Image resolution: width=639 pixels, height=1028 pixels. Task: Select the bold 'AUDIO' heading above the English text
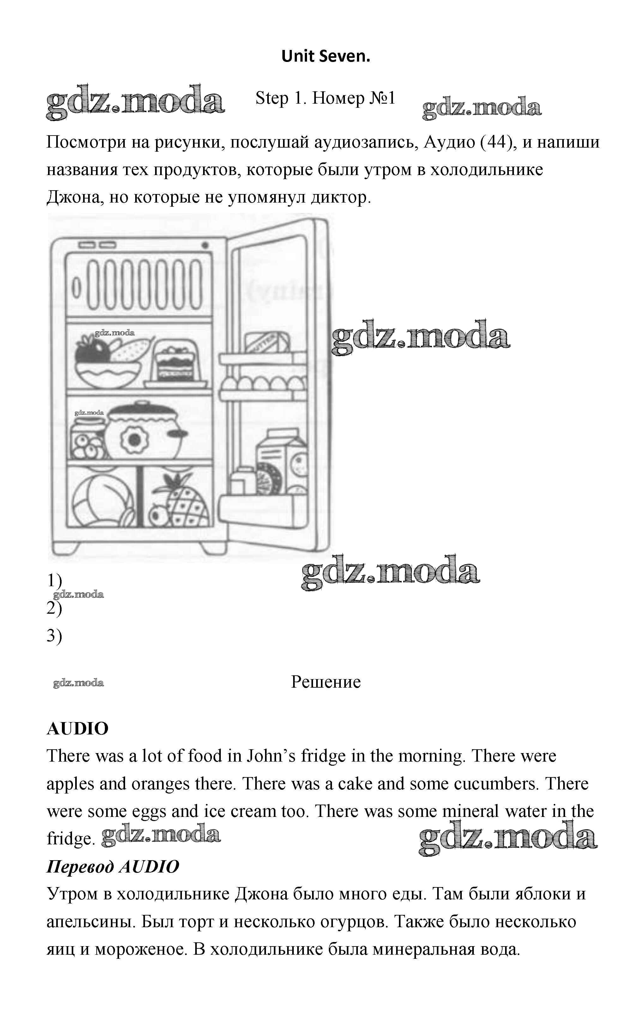pos(78,728)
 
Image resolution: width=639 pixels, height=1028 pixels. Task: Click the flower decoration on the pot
pos(134,440)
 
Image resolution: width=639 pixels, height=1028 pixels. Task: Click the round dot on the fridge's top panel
pos(205,245)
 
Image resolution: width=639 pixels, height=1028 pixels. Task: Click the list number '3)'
pos(54,635)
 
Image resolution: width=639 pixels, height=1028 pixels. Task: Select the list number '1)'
pos(54,581)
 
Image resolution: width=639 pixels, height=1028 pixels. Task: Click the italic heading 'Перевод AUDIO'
pos(113,866)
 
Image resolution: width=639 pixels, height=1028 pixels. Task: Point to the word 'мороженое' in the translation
pos(140,949)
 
